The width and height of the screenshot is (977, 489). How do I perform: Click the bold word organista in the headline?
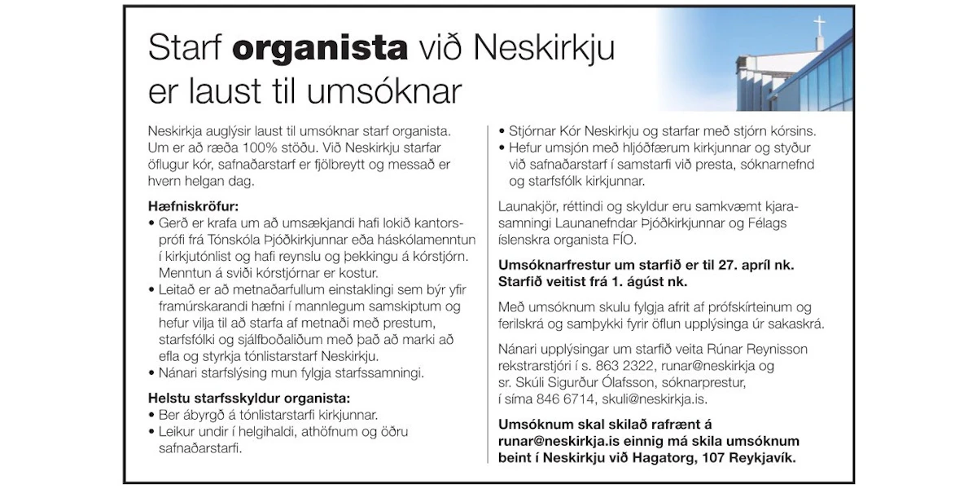(320, 51)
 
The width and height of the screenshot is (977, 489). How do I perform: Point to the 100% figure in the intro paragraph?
(258, 148)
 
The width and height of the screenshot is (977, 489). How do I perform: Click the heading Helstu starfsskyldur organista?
(248, 399)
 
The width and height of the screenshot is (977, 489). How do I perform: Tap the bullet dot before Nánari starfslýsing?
(152, 374)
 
